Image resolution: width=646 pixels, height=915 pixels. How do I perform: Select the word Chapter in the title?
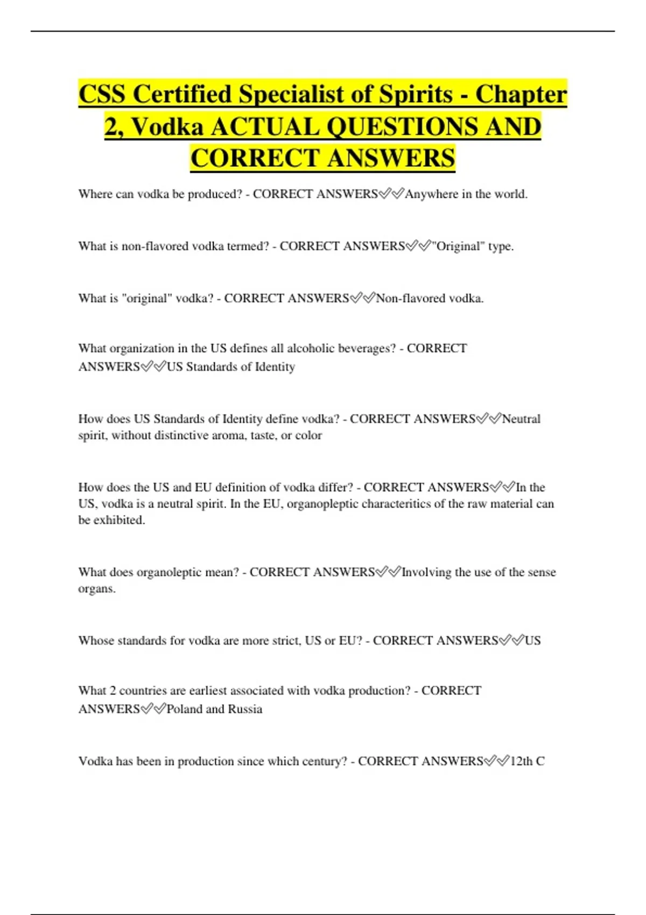click(521, 94)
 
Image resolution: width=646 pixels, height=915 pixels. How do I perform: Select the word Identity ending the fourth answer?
click(275, 367)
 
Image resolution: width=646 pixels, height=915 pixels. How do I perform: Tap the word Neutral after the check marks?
click(521, 419)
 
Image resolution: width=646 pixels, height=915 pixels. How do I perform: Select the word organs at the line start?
click(96, 589)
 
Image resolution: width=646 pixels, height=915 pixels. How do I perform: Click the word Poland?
click(184, 709)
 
